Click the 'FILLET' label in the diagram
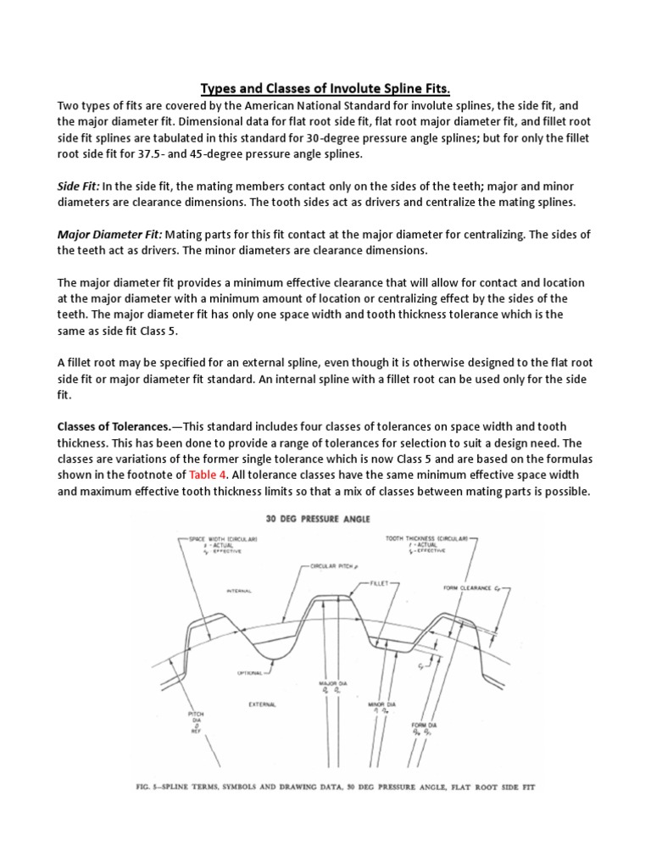click(380, 584)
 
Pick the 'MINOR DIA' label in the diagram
click(383, 704)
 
